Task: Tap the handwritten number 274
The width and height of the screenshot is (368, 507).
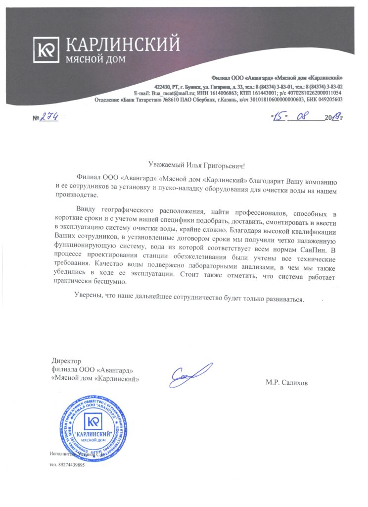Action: click(50, 117)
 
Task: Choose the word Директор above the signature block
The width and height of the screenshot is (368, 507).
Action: click(66, 361)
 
